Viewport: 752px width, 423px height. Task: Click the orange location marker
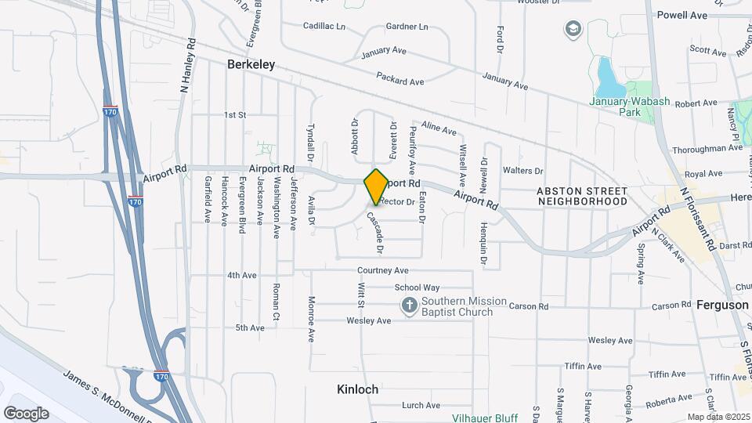click(x=376, y=186)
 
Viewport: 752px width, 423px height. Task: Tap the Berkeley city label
click(x=251, y=65)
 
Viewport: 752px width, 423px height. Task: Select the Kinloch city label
click(x=357, y=389)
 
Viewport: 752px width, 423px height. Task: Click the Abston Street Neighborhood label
click(x=582, y=196)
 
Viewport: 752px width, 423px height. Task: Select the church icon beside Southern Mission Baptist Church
click(x=409, y=305)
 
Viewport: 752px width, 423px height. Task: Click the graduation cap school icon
click(x=573, y=30)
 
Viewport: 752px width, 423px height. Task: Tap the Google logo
click(x=26, y=413)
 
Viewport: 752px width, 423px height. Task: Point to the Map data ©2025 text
click(x=718, y=417)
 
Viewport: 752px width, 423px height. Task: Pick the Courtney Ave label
click(x=384, y=271)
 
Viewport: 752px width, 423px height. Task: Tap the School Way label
click(x=417, y=287)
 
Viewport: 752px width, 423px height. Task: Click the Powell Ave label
click(x=681, y=15)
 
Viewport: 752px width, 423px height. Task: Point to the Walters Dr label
click(x=522, y=170)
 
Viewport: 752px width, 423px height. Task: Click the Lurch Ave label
click(x=421, y=405)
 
